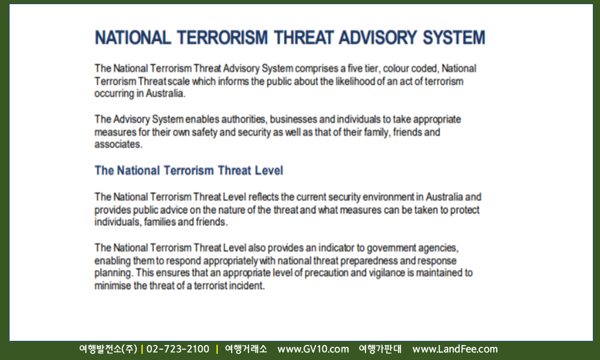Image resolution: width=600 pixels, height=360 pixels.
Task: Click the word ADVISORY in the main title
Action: (x=377, y=37)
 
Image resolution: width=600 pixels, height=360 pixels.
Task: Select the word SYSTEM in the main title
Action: (x=454, y=37)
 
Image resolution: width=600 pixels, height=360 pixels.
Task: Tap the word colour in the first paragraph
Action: (x=395, y=68)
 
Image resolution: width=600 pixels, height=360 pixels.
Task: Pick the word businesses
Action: (x=293, y=119)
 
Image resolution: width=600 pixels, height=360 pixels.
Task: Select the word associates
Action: (x=118, y=144)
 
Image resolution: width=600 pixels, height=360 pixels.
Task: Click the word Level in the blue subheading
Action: (x=269, y=170)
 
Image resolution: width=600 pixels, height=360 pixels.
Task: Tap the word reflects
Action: (x=263, y=197)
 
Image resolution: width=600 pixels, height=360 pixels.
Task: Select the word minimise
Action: (x=113, y=286)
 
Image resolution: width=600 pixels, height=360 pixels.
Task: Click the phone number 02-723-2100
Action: (x=178, y=349)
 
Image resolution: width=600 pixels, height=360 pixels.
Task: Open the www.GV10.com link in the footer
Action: (x=313, y=349)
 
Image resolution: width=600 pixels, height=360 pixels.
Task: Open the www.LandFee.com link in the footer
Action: (x=455, y=349)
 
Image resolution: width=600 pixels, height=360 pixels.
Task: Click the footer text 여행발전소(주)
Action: (x=108, y=349)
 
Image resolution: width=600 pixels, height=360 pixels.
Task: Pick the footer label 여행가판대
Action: (x=380, y=349)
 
